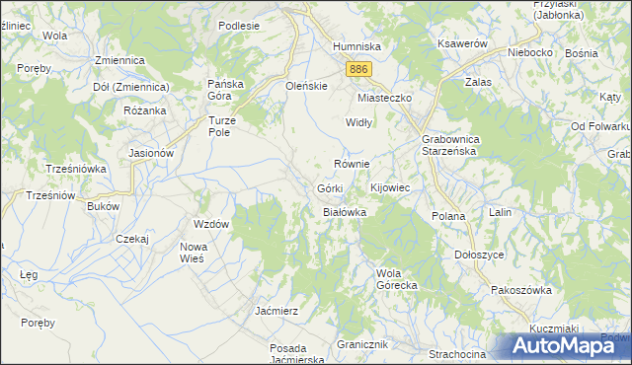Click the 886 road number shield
[359, 68]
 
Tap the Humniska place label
[356, 46]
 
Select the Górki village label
[330, 187]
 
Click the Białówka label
[346, 212]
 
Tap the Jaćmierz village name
[276, 310]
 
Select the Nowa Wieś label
[192, 253]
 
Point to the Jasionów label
[152, 154]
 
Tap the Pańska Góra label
[224, 90]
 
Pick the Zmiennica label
[119, 60]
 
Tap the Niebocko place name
[529, 51]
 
